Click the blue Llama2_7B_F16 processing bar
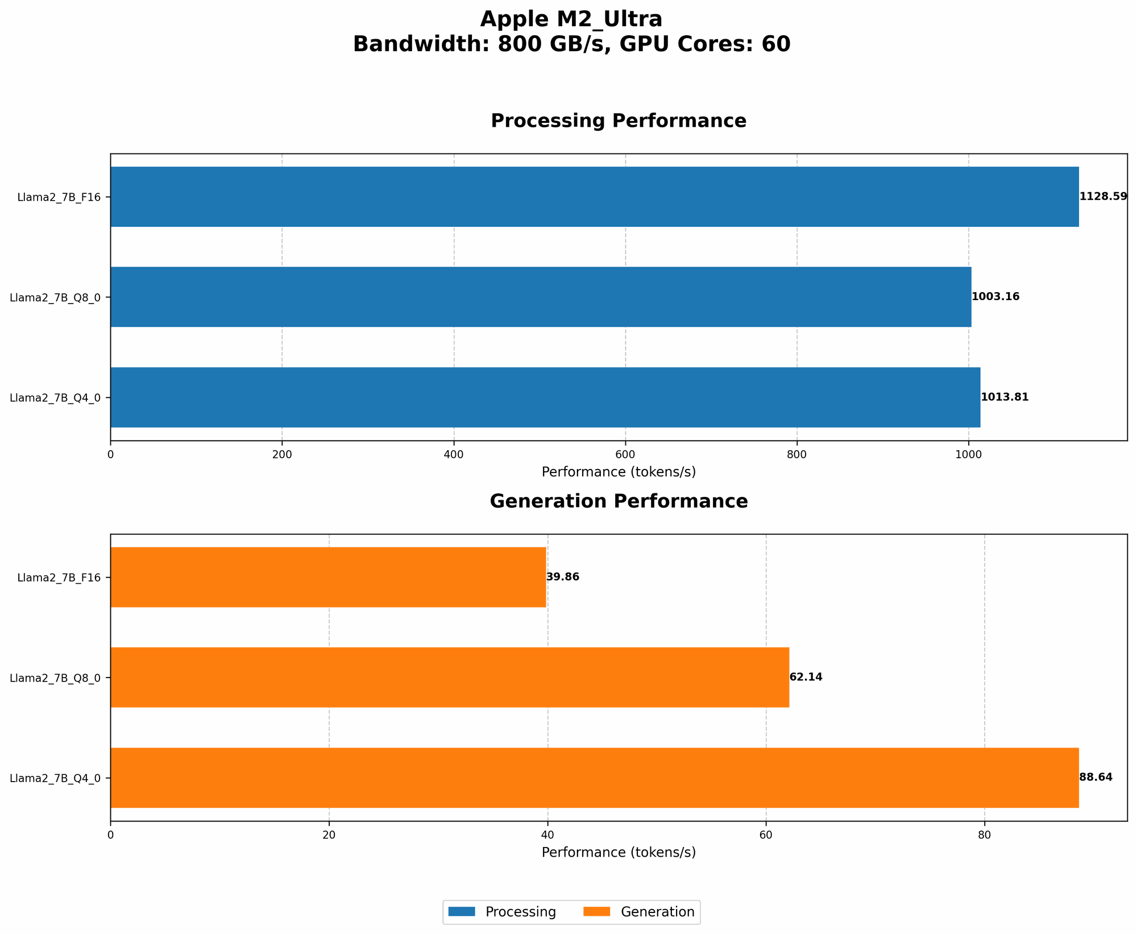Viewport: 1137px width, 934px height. pyautogui.click(x=594, y=197)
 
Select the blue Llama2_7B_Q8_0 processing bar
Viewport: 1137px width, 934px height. pyautogui.click(x=540, y=297)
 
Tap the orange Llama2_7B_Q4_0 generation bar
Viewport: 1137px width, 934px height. pyautogui.click(x=594, y=778)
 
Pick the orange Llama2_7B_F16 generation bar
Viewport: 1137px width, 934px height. pyautogui.click(x=328, y=577)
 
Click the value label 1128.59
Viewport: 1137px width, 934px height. pyautogui.click(x=1103, y=197)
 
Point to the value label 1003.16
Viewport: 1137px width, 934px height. pyautogui.click(x=995, y=297)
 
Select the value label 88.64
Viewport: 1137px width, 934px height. pyautogui.click(x=1095, y=778)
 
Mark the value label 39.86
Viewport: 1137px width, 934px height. pyautogui.click(x=563, y=577)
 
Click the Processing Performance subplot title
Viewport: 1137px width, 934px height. pyautogui.click(x=619, y=121)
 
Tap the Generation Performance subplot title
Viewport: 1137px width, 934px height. pyautogui.click(x=619, y=501)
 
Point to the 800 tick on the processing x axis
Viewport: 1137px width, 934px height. pyautogui.click(x=796, y=455)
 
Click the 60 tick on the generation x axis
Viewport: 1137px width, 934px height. pyautogui.click(x=766, y=835)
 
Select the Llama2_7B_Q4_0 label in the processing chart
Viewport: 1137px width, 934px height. pyautogui.click(x=55, y=397)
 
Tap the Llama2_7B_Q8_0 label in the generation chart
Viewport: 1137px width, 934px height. pyautogui.click(x=55, y=678)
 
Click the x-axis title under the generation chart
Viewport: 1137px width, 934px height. pyautogui.click(x=619, y=853)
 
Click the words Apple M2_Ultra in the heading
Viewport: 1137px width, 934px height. pyautogui.click(x=571, y=19)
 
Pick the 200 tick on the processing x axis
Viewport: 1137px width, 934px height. pyautogui.click(x=282, y=455)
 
